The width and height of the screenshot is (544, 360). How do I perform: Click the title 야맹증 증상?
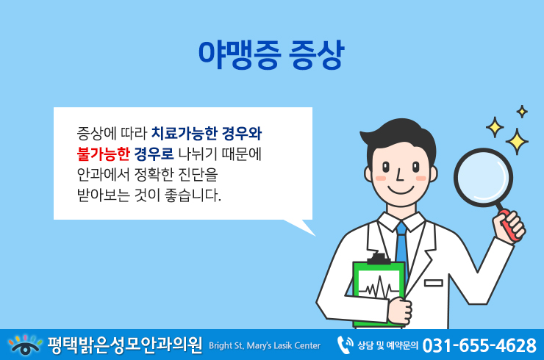tap(271, 55)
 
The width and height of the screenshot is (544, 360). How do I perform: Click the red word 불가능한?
tap(103, 154)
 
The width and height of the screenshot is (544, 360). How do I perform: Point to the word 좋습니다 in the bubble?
tap(193, 195)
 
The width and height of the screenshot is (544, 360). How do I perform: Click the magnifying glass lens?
tap(483, 178)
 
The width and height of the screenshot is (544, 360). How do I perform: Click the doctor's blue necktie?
tap(402, 245)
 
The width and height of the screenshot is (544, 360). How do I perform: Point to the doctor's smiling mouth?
tap(401, 191)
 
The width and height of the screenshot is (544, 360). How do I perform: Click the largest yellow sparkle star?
tap(517, 142)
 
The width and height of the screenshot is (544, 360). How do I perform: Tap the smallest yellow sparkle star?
tap(522, 112)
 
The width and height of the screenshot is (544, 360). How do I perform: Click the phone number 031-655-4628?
tap(479, 345)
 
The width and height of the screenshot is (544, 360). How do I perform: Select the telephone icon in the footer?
tap(345, 345)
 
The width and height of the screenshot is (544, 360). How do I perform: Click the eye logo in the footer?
tap(25, 345)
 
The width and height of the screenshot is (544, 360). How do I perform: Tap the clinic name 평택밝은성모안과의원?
tap(125, 345)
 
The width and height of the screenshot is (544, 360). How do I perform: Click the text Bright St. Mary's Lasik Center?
tap(265, 346)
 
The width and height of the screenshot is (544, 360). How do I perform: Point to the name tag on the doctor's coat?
tap(434, 283)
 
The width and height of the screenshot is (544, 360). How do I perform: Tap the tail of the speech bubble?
tap(301, 226)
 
